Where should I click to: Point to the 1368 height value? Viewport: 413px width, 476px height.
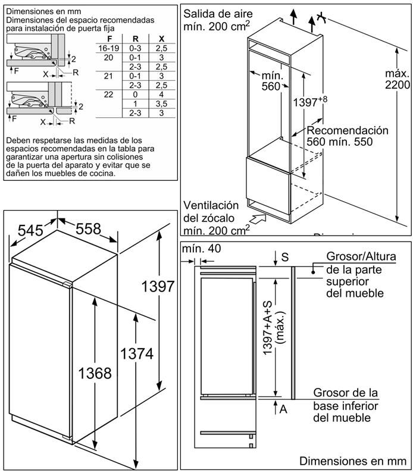click(x=95, y=373)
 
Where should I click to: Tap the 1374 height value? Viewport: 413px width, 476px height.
click(x=136, y=354)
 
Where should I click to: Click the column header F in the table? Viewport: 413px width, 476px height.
click(x=108, y=37)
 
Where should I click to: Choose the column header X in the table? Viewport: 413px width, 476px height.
click(x=161, y=37)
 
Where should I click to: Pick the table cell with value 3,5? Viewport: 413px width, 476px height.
click(x=161, y=104)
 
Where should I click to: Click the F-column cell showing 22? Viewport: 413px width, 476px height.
click(x=108, y=94)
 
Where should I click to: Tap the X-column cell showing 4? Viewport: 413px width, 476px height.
click(x=161, y=94)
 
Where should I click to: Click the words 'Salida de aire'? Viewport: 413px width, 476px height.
click(x=218, y=13)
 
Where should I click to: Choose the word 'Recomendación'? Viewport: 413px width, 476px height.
click(x=348, y=130)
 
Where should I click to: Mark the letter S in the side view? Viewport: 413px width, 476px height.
click(x=285, y=257)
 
